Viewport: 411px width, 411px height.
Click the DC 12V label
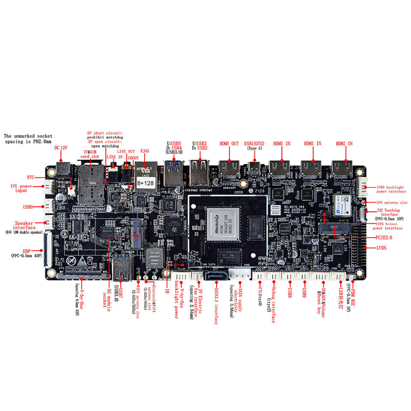pos(61,148)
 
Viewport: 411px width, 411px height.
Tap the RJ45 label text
pos(145,151)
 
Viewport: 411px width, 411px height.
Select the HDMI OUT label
pos(229,144)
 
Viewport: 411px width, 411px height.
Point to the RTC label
pos(30,177)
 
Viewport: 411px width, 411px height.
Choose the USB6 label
pos(28,207)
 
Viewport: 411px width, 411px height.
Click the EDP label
pos(27,251)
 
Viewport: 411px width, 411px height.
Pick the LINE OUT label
pos(126,152)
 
